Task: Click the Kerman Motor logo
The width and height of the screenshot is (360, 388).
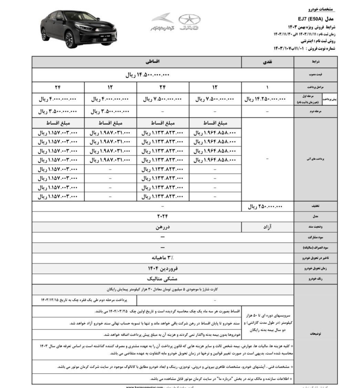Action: click(162, 22)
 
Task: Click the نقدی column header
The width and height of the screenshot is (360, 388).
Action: click(268, 62)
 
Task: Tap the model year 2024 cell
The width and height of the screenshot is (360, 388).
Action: click(162, 216)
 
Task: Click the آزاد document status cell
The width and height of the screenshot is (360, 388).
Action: click(268, 227)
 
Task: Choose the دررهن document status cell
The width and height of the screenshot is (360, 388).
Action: click(162, 227)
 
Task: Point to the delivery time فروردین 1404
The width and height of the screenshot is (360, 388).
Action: click(162, 268)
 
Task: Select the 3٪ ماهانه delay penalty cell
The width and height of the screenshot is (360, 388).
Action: click(162, 257)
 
